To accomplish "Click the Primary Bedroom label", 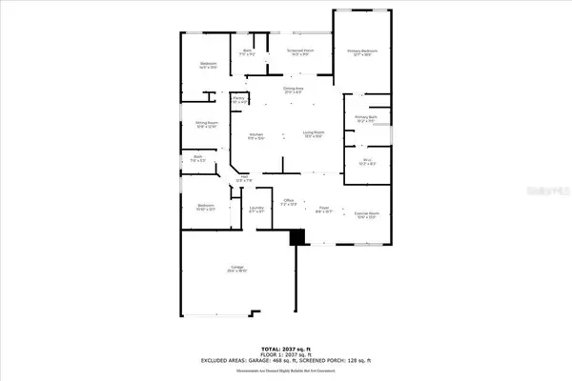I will (x=363, y=51).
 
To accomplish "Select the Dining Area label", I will (x=293, y=90).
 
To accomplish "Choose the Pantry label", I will (x=240, y=99).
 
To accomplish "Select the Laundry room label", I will (x=256, y=210).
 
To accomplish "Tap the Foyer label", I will (x=323, y=210).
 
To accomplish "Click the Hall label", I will (x=244, y=178).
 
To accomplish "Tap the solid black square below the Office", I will (x=297, y=239).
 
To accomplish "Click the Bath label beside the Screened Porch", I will (x=247, y=51).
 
